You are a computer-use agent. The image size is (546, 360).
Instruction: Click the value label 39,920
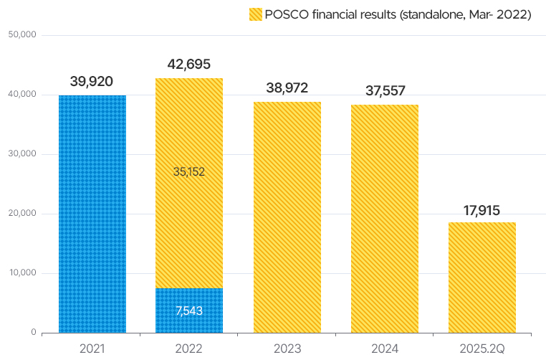tap(92, 82)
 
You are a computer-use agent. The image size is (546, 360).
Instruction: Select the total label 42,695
tap(189, 65)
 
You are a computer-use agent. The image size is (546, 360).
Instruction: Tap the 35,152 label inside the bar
tap(189, 172)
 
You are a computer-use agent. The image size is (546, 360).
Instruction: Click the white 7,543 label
tap(189, 311)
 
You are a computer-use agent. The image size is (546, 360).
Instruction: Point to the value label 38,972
tap(287, 88)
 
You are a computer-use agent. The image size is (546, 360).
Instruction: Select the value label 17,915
tap(482, 211)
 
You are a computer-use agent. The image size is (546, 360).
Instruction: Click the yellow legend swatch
tap(255, 14)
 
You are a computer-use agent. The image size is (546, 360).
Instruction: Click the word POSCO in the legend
tap(284, 14)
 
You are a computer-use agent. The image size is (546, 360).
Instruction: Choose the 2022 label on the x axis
tap(189, 348)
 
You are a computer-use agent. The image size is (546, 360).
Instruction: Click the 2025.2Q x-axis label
tap(482, 348)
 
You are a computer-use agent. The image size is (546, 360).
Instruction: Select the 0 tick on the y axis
tap(33, 333)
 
